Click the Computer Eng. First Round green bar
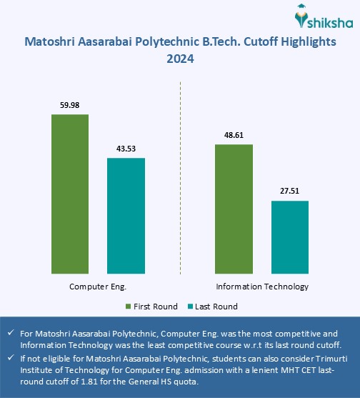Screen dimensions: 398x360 [x=70, y=194]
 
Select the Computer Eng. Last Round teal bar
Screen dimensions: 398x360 [x=126, y=215]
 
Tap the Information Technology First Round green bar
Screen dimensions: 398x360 [x=234, y=208]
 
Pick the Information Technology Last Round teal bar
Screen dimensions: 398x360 [x=289, y=237]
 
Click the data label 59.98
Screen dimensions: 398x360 [x=70, y=106]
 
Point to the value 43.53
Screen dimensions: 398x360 [x=126, y=149]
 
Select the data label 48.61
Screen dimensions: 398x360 [x=234, y=134]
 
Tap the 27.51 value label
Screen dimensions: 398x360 [x=289, y=191]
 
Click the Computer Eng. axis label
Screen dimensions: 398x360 [x=98, y=287]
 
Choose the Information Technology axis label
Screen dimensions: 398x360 [x=261, y=287]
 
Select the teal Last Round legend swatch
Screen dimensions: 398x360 [x=190, y=307]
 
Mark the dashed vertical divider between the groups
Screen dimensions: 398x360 [x=180, y=179]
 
